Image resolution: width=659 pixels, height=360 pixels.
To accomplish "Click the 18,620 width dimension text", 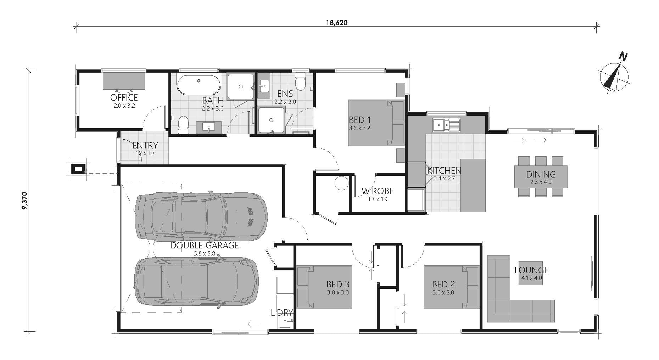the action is (x=336, y=23).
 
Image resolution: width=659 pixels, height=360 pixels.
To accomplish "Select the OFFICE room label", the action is (x=124, y=97).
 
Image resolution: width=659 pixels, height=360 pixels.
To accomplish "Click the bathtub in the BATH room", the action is (x=199, y=85).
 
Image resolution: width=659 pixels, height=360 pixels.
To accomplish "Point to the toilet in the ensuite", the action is (x=301, y=81).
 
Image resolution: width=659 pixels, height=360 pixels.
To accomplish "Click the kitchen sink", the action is (x=446, y=124).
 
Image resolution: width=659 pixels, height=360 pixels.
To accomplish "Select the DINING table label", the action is (x=541, y=174).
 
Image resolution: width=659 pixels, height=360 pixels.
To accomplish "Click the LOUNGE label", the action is (x=531, y=270).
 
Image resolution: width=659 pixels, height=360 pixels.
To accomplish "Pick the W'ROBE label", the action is (x=378, y=191).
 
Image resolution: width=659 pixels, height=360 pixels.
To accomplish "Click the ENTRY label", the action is (x=145, y=145).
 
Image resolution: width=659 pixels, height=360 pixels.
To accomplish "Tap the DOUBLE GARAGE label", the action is (x=205, y=245).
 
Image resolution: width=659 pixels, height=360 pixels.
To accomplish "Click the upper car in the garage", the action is (x=201, y=216).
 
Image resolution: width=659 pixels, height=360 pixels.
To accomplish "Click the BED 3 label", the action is (x=338, y=284).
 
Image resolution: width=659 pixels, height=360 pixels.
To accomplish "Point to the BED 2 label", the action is (x=443, y=284).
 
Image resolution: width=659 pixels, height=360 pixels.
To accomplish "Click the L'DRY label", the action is (x=282, y=313).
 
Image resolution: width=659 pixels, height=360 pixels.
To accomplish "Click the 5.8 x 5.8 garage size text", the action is (x=205, y=254).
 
